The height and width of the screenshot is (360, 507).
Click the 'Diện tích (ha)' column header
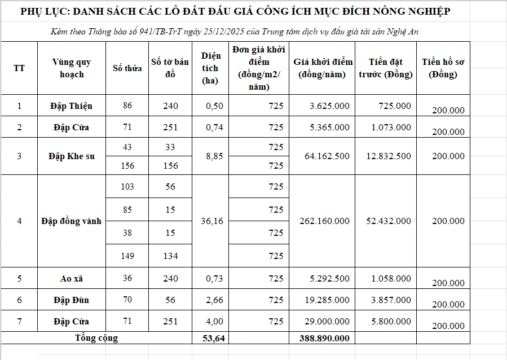[210, 68]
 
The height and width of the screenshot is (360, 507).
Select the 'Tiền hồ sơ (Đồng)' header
[443, 68]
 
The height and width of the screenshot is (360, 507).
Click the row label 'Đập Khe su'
[72, 156]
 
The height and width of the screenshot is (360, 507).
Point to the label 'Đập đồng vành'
[72, 221]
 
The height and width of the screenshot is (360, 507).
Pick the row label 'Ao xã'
[72, 278]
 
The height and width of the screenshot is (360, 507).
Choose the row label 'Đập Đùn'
[72, 300]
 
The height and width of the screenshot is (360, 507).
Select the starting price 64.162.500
[327, 156]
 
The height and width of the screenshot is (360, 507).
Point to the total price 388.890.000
[323, 339]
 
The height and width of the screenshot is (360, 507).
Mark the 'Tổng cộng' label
[96, 338]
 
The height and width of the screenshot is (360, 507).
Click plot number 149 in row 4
[127, 256]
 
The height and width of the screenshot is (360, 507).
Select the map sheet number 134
[170, 256]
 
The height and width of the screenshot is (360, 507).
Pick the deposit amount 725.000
[395, 106]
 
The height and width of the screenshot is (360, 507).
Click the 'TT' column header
[19, 68]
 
